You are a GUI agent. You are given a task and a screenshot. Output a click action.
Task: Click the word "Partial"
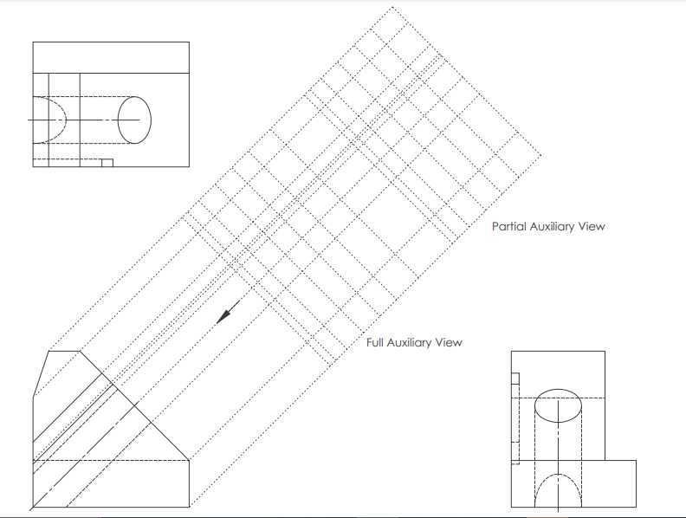pyautogui.click(x=508, y=227)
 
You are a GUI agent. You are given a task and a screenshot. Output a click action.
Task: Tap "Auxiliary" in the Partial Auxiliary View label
pyautogui.click(x=554, y=227)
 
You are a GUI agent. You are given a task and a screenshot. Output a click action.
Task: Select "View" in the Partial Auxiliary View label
pyautogui.click(x=593, y=227)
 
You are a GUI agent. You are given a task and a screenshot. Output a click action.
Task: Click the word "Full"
pyautogui.click(x=374, y=343)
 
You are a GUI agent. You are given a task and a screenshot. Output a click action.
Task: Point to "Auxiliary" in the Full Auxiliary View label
pyautogui.click(x=412, y=343)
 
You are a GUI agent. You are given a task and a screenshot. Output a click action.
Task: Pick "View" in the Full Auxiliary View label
pyautogui.click(x=450, y=343)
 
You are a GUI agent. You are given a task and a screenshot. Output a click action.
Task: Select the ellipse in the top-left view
pyautogui.click(x=134, y=119)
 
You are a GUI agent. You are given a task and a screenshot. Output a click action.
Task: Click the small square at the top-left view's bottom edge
pyautogui.click(x=107, y=162)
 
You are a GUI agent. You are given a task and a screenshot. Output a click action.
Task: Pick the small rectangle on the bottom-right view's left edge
pyautogui.click(x=514, y=378)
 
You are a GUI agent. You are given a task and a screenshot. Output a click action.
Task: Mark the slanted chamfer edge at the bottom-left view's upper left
pyautogui.click(x=42, y=373)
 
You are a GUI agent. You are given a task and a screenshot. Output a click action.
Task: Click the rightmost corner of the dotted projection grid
pyautogui.click(x=541, y=156)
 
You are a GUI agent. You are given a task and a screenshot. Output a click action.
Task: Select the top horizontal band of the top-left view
pyautogui.click(x=111, y=57)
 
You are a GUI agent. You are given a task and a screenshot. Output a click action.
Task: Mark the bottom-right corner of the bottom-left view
pyautogui.click(x=190, y=506)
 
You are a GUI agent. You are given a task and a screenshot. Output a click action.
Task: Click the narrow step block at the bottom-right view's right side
pyautogui.click(x=620, y=483)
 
